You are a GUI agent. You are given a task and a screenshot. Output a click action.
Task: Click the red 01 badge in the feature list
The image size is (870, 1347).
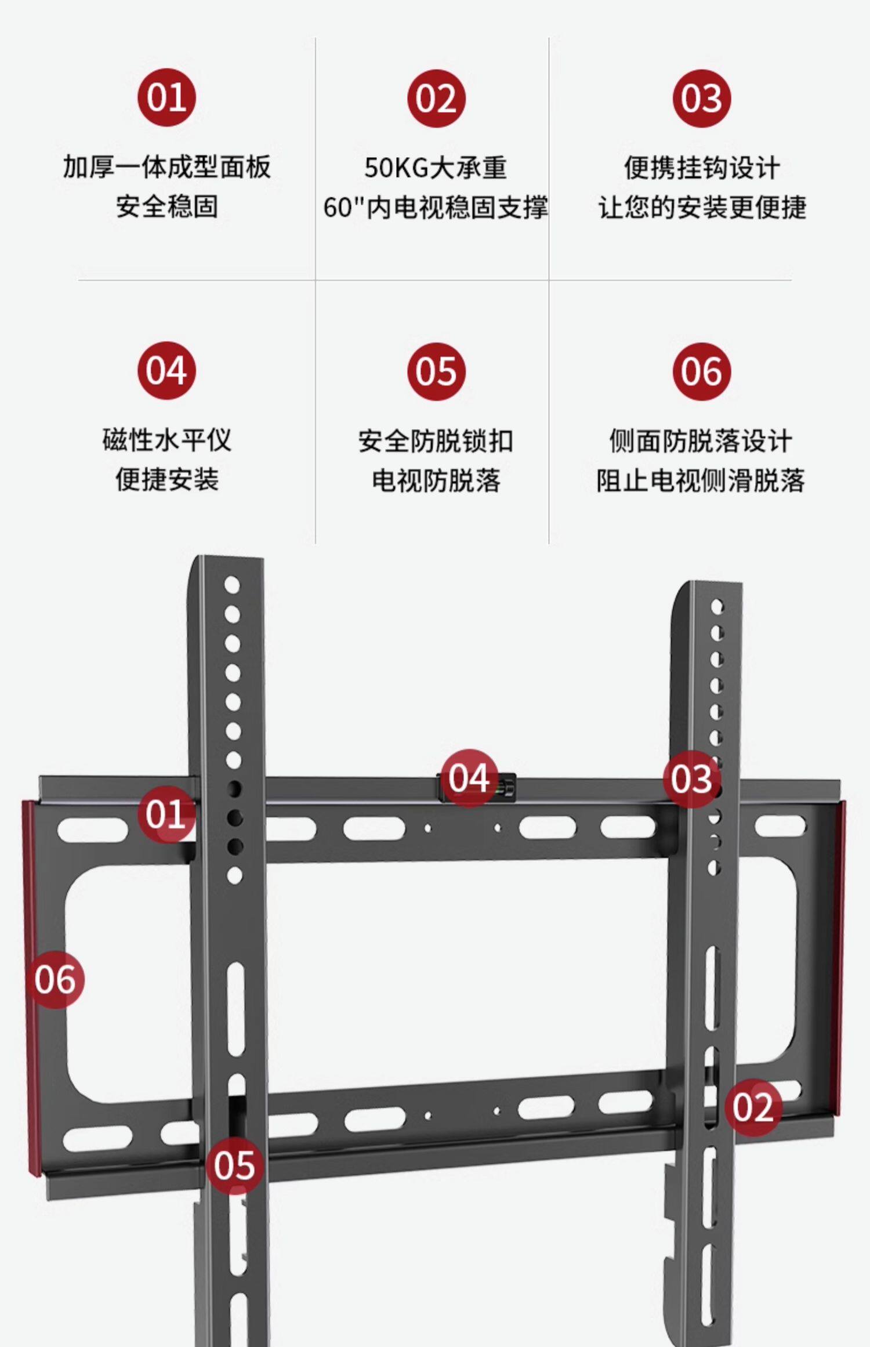(x=166, y=97)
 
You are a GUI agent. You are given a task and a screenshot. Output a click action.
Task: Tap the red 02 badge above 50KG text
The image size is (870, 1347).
(x=436, y=98)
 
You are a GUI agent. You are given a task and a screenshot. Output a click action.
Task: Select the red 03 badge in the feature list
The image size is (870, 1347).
(x=702, y=98)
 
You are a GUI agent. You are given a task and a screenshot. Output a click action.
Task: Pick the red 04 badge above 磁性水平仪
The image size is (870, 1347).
(x=166, y=371)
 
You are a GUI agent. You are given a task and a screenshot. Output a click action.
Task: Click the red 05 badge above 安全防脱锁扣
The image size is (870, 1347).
(x=436, y=371)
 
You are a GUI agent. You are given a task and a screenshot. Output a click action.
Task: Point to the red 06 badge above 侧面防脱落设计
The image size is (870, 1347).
(x=702, y=371)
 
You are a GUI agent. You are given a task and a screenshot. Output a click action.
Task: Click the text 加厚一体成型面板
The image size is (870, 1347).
(x=166, y=167)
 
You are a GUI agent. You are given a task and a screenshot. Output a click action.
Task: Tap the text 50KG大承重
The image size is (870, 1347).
(x=436, y=168)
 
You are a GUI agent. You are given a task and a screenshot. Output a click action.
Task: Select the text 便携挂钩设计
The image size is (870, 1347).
(x=702, y=168)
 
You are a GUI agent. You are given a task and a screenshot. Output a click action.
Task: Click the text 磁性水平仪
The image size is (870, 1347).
(x=166, y=440)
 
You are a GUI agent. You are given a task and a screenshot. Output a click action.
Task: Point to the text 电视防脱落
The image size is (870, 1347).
(x=436, y=480)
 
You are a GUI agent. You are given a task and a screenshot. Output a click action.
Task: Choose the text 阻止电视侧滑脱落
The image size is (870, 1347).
(x=701, y=480)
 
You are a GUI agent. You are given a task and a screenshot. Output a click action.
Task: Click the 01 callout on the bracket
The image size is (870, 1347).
(x=166, y=814)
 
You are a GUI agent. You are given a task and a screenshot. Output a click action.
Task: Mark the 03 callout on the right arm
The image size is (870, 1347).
(x=692, y=778)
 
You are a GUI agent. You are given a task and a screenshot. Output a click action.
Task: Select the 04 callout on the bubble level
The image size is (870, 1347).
(x=469, y=778)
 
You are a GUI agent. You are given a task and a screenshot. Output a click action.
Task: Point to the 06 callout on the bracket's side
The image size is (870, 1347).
(x=55, y=980)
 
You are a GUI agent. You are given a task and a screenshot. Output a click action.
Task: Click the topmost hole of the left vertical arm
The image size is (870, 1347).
(x=232, y=585)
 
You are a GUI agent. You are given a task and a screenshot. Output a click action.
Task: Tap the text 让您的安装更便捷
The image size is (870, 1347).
(x=702, y=207)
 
